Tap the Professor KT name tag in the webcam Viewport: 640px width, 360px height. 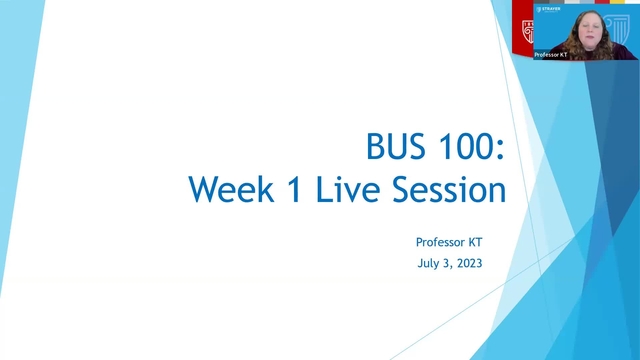550,54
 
